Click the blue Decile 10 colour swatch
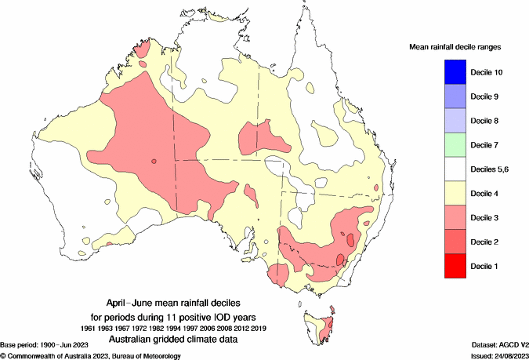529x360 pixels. (443, 72)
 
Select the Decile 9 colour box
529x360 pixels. (443, 96)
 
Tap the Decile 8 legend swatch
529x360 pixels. (443, 121)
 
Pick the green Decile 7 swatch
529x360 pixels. (443, 145)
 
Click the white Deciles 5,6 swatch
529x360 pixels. (443, 169)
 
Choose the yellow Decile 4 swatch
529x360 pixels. (443, 194)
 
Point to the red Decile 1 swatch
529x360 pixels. (443, 266)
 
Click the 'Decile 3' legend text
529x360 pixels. (485, 218)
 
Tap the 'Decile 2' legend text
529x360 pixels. (485, 242)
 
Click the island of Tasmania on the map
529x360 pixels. (324, 329)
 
